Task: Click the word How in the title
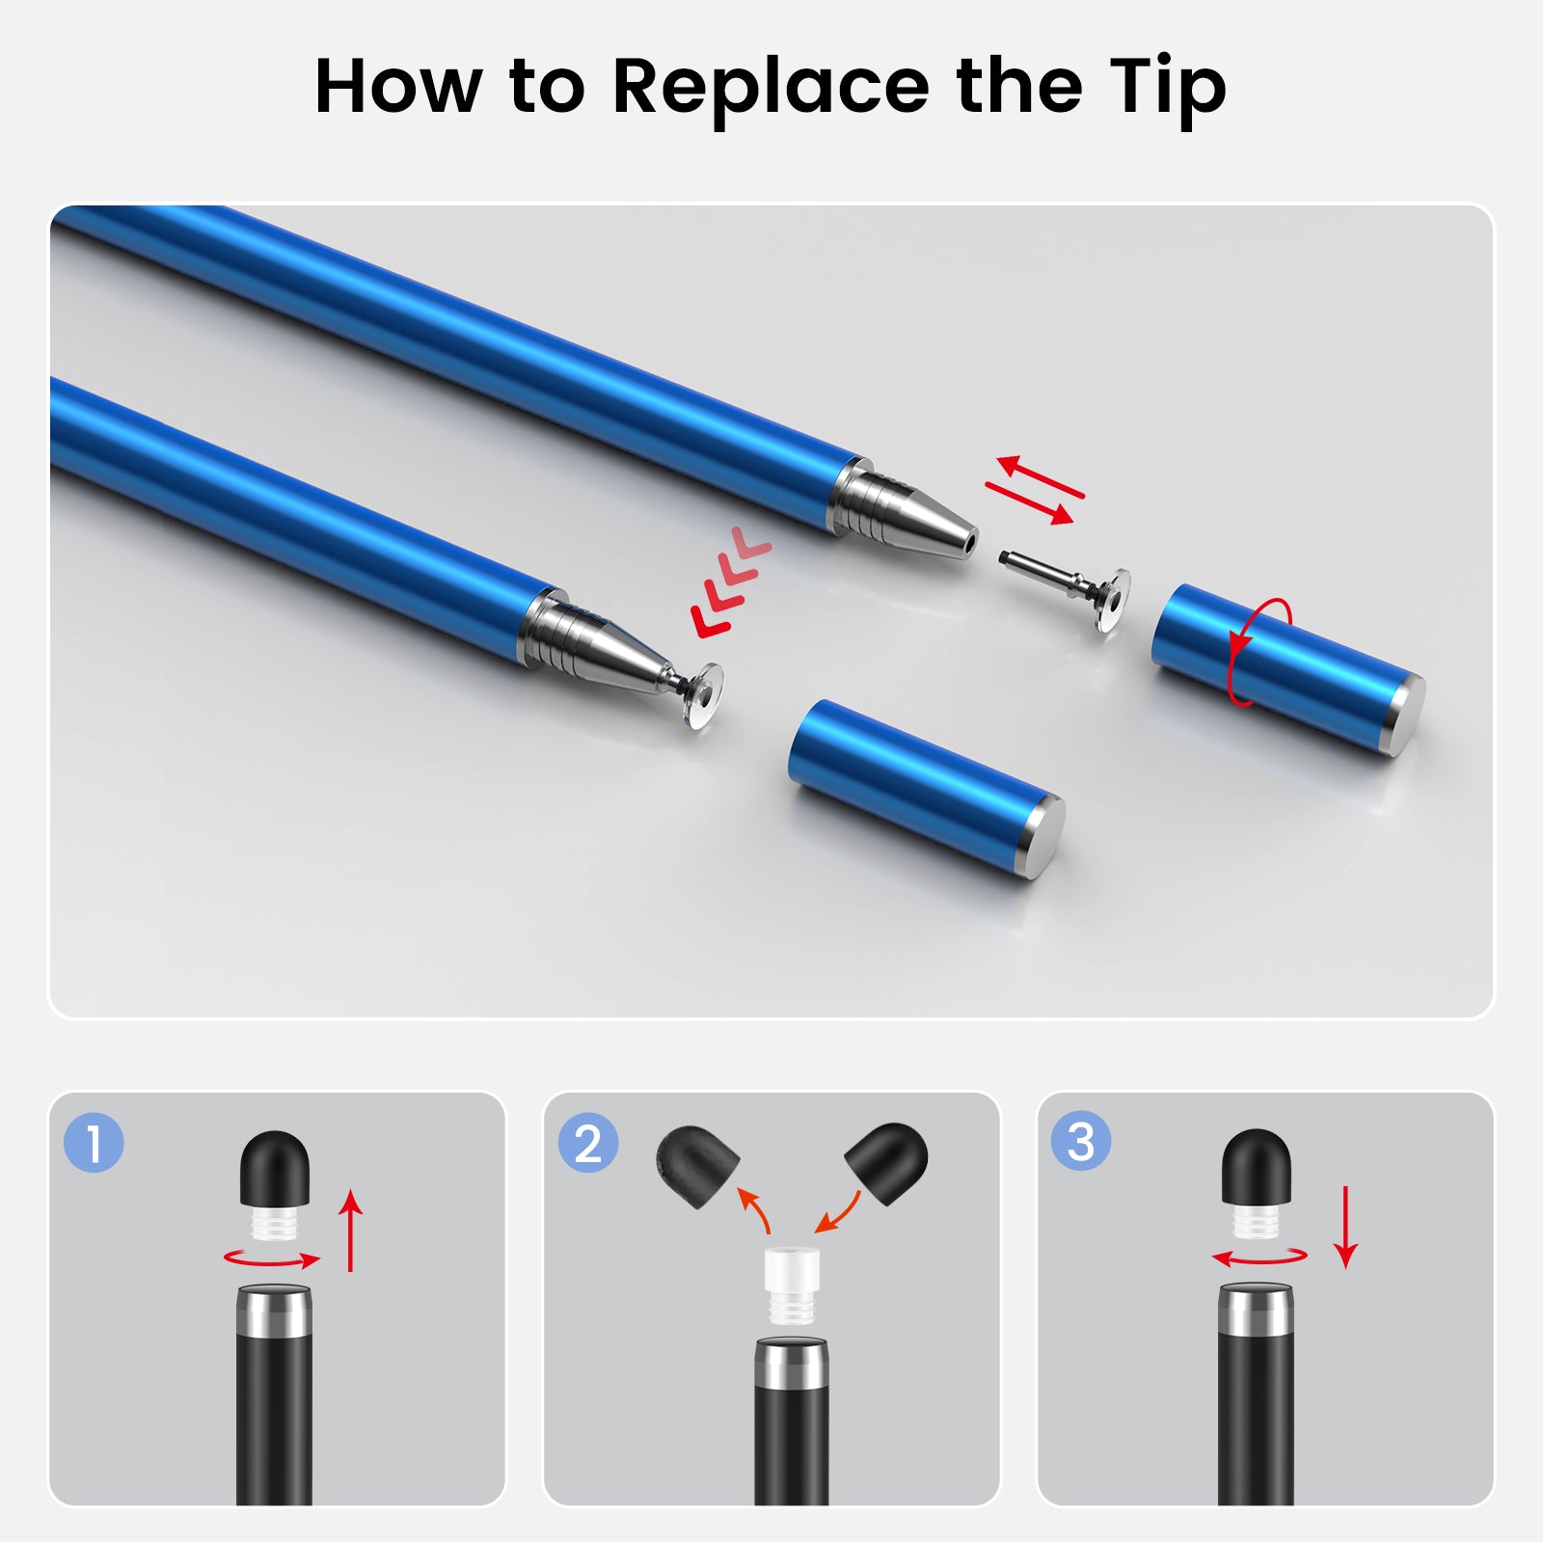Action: (398, 87)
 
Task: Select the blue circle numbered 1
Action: (94, 1143)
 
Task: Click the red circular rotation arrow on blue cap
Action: (1259, 652)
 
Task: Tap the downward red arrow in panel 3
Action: (1345, 1227)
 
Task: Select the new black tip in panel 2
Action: (887, 1160)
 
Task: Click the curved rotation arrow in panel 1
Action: (272, 1259)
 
